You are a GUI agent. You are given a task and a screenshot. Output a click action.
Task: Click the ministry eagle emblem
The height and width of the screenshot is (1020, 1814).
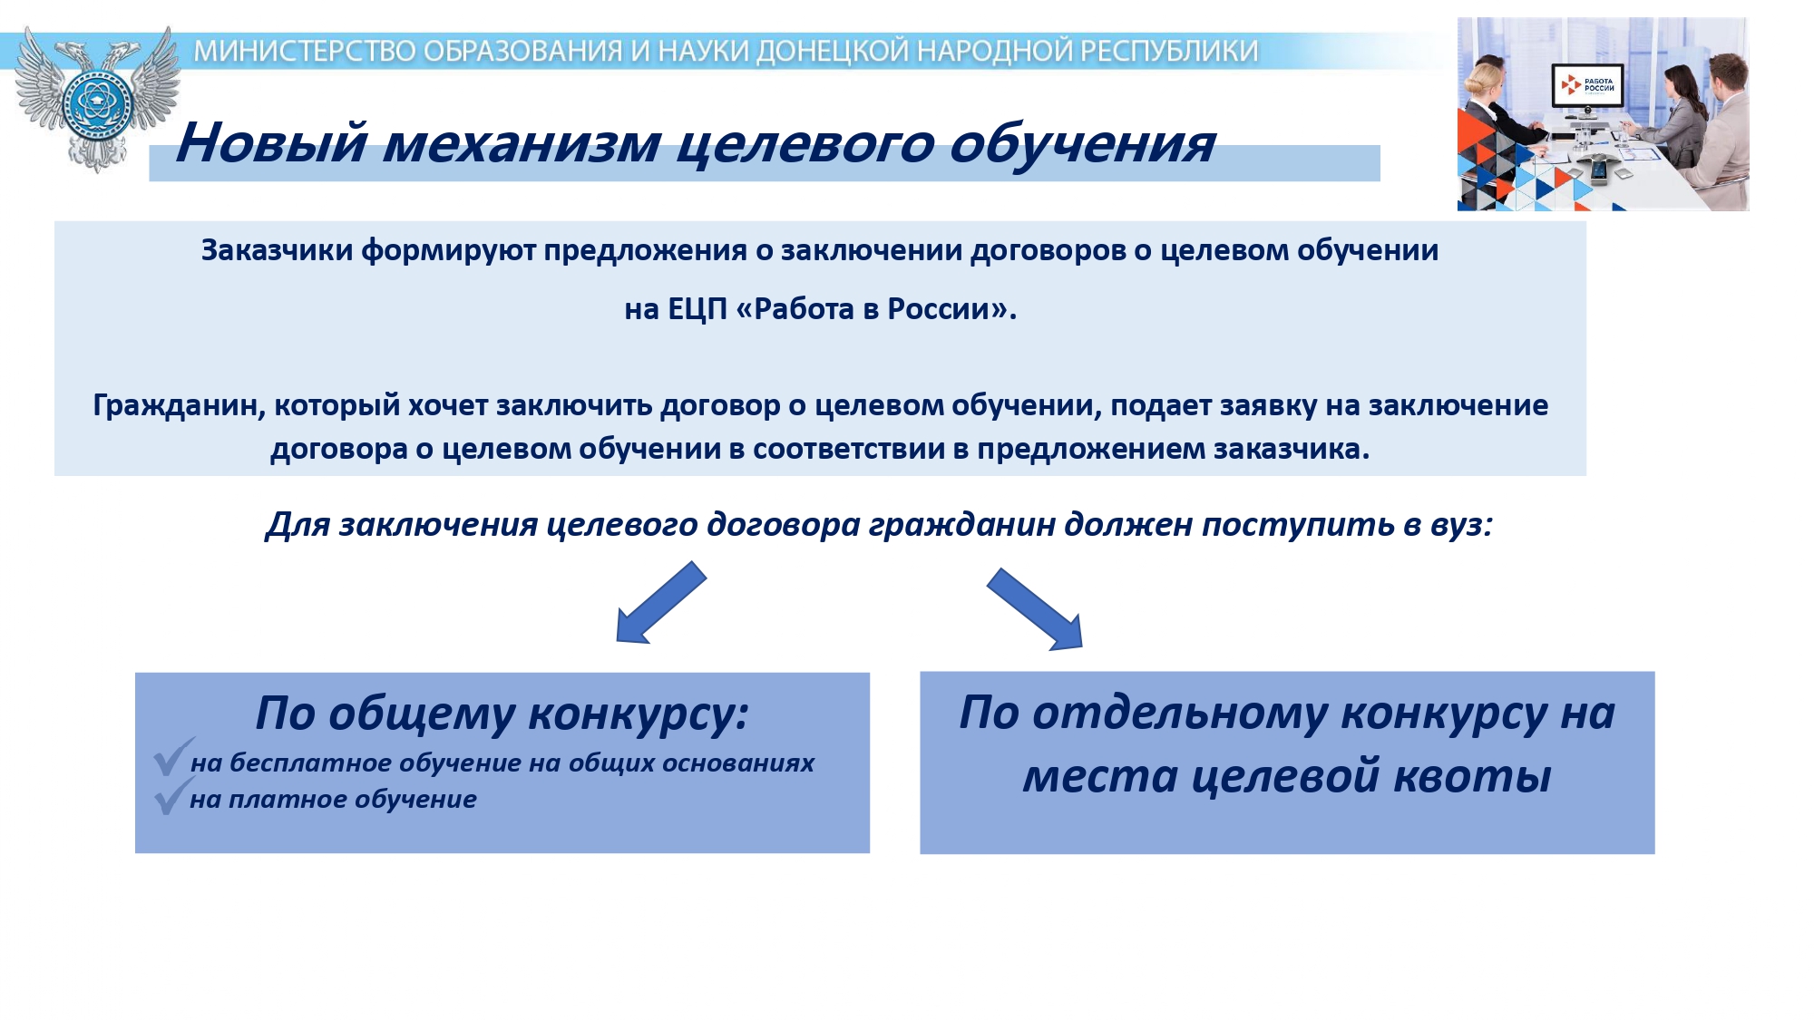click(x=97, y=98)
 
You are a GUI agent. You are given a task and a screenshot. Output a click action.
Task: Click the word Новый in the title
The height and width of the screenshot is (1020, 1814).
click(x=271, y=142)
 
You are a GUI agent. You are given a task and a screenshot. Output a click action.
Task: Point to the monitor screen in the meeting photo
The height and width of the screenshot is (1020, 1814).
click(x=1586, y=85)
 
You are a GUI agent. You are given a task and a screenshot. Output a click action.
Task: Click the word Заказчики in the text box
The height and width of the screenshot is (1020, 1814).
click(x=277, y=250)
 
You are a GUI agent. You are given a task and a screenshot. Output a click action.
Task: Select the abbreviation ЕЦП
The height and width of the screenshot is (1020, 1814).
click(x=697, y=309)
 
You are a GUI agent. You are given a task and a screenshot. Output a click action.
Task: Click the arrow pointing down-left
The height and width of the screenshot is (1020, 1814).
click(x=660, y=603)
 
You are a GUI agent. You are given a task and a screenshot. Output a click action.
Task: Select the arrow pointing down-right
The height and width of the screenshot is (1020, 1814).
click(x=1035, y=609)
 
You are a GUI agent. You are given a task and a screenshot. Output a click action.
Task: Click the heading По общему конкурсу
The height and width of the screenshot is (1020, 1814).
click(x=502, y=713)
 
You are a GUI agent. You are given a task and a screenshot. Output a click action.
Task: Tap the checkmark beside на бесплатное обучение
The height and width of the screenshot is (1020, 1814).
click(x=172, y=757)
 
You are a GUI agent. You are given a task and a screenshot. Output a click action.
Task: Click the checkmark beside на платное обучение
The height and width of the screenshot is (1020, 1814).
click(x=172, y=796)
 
